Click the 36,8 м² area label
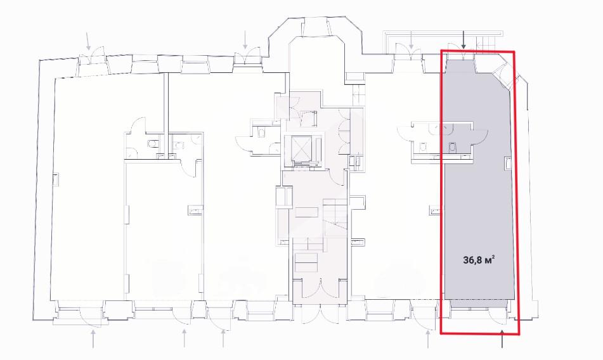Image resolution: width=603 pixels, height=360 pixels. pyautogui.click(x=479, y=260)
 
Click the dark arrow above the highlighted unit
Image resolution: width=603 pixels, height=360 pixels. pyautogui.click(x=464, y=41)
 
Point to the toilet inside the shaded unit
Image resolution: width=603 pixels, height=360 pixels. pyautogui.click(x=453, y=147)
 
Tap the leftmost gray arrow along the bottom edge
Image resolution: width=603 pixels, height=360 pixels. pyautogui.click(x=93, y=340)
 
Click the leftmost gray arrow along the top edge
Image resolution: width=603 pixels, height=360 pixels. pyautogui.click(x=89, y=41)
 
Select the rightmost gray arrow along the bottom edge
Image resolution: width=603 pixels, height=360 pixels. pyautogui.click(x=427, y=340)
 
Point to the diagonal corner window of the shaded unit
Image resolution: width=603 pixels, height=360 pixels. pyautogui.click(x=504, y=74)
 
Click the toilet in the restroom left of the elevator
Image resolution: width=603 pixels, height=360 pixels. pyautogui.click(x=261, y=133)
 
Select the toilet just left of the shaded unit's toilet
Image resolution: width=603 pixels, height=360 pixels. pyautogui.click(x=424, y=147)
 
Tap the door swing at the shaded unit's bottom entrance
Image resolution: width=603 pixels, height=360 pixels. pyautogui.click(x=497, y=317)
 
